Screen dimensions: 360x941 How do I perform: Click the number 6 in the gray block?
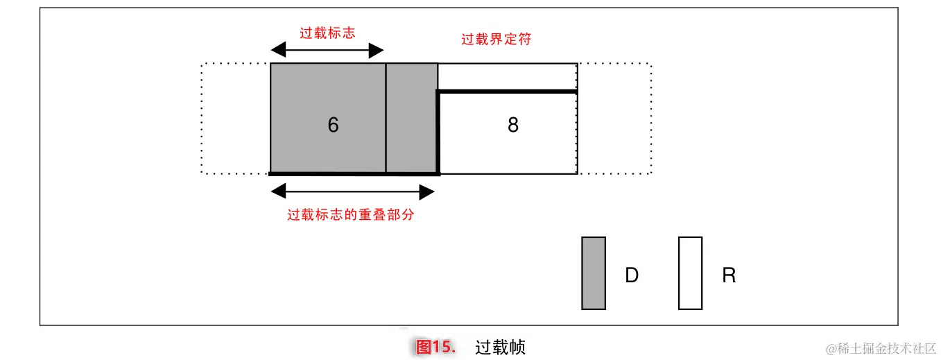(x=333, y=125)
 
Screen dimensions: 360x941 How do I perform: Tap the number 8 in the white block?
(x=513, y=125)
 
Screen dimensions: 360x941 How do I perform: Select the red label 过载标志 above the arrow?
(x=327, y=33)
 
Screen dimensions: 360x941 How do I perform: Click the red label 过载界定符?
(x=497, y=40)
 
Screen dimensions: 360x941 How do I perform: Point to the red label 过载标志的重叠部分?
(x=351, y=214)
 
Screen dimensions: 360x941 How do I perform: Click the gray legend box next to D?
(x=594, y=273)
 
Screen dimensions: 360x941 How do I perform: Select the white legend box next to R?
(x=690, y=273)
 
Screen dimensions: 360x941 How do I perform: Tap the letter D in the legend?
(x=632, y=275)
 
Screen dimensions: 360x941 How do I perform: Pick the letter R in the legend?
(x=729, y=275)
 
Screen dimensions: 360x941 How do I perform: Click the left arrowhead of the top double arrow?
(x=277, y=50)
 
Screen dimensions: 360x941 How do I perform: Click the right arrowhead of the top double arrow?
(x=376, y=50)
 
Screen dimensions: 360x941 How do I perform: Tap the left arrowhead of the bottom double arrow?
(x=277, y=191)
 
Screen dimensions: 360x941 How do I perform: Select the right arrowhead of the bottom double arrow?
(x=427, y=191)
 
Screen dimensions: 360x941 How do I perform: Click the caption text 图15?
(x=435, y=347)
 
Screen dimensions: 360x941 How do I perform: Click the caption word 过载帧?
(x=501, y=347)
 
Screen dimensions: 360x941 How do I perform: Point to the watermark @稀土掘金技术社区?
(x=881, y=348)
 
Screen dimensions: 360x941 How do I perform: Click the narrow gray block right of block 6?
(x=412, y=118)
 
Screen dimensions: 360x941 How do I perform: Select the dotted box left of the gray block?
(x=236, y=118)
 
